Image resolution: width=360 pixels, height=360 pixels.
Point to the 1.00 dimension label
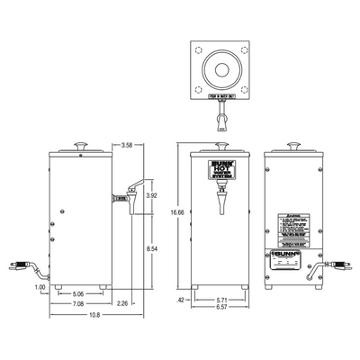click(x=40, y=288)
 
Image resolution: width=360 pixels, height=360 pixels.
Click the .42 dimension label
click(x=181, y=300)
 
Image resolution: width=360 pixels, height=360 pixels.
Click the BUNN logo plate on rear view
click(x=293, y=257)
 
